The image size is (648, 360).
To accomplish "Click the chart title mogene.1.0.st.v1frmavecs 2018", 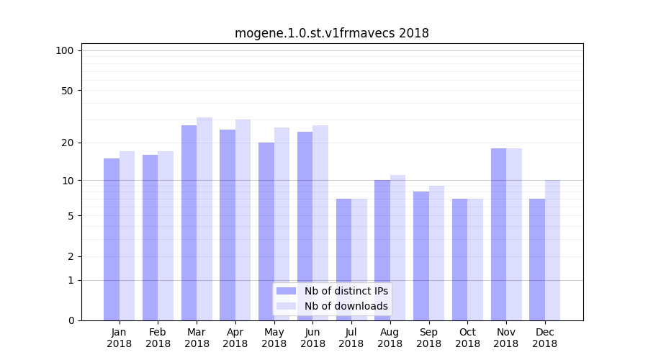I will pyautogui.click(x=331, y=33).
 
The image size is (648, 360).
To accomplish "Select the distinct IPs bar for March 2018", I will pyautogui.click(x=189, y=222).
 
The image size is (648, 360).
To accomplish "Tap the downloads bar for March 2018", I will pyautogui.click(x=204, y=219).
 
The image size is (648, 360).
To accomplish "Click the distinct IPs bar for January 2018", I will pyautogui.click(x=112, y=239).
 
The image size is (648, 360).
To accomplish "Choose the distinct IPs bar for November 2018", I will pyautogui.click(x=498, y=234).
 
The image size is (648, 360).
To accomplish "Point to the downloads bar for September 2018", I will pyautogui.click(x=436, y=253).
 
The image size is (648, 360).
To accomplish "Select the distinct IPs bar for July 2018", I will pyautogui.click(x=343, y=259).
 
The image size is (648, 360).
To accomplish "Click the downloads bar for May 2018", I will pyautogui.click(x=282, y=224).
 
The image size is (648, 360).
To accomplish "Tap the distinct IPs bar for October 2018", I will pyautogui.click(x=459, y=259).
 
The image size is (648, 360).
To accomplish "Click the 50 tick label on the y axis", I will pyautogui.click(x=68, y=91).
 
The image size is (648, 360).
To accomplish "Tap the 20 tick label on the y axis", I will pyautogui.click(x=68, y=143).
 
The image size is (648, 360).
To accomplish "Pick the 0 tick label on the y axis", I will pyautogui.click(x=71, y=320).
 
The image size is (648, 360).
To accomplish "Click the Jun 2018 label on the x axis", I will pyautogui.click(x=312, y=338).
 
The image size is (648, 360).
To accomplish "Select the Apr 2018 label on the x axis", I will pyautogui.click(x=235, y=338).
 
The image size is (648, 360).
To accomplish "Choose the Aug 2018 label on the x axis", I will pyautogui.click(x=390, y=338).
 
